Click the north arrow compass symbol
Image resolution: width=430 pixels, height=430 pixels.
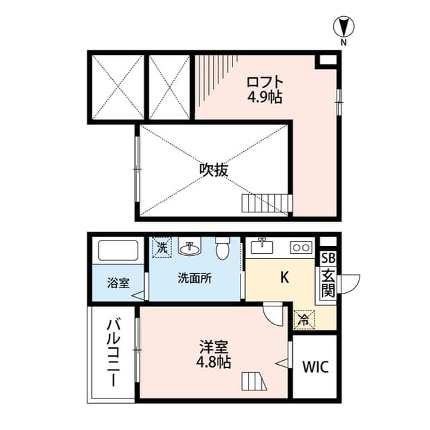344,28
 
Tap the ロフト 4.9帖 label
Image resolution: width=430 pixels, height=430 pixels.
263,89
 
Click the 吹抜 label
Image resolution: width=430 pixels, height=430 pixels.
214,169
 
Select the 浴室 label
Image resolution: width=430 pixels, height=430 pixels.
118,283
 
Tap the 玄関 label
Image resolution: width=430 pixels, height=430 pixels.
327,283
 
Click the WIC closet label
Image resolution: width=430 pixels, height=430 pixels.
316,368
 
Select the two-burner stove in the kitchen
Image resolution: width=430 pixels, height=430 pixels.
300,248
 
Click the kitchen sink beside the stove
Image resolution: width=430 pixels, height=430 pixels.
263,247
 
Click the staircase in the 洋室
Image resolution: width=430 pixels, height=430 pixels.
255,382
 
